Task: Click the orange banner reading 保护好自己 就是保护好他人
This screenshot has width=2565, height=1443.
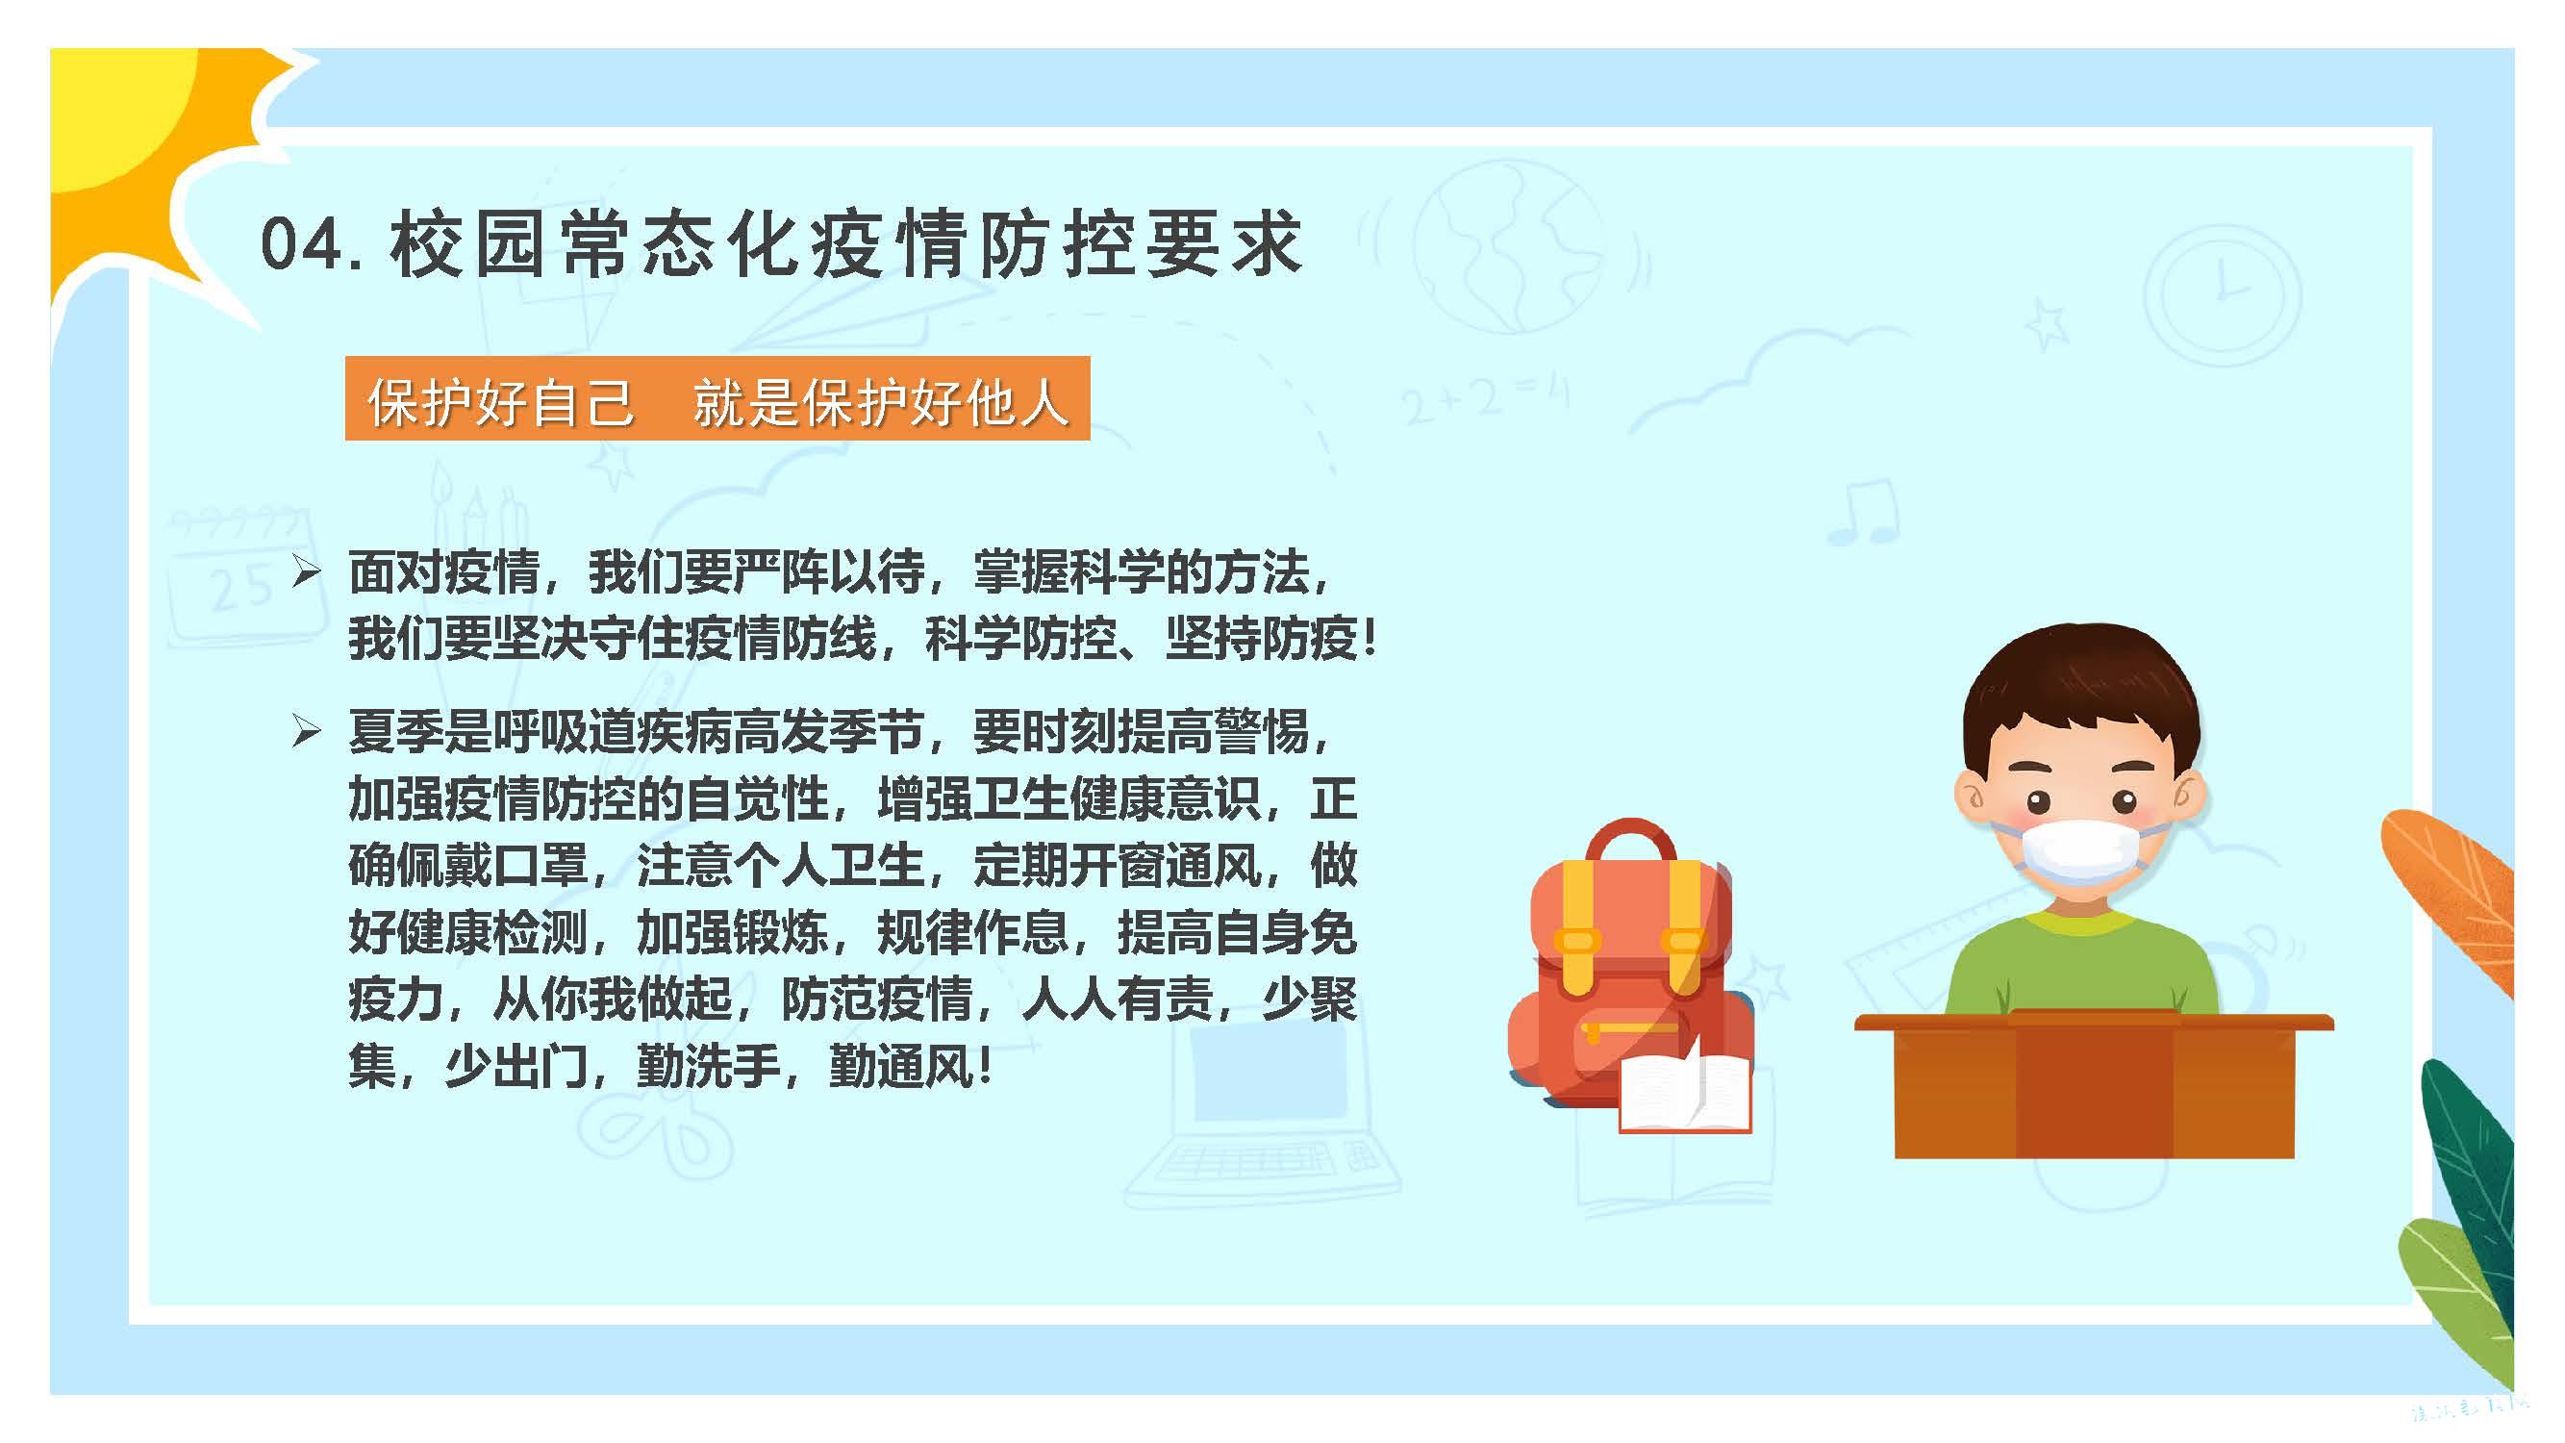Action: point(717,398)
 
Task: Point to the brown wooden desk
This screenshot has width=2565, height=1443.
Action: point(2093,1085)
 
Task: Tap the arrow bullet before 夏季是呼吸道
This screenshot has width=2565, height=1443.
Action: point(307,732)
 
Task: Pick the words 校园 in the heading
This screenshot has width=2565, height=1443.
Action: point(467,244)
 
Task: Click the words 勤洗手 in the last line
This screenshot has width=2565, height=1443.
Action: point(707,1068)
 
